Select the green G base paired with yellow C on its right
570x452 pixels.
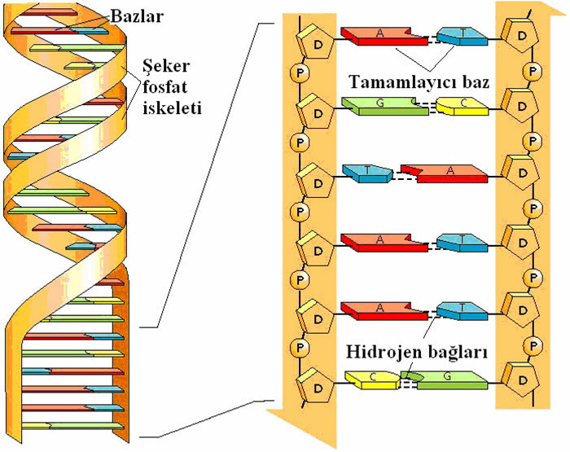click(x=383, y=105)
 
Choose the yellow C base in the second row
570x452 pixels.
click(x=461, y=104)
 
